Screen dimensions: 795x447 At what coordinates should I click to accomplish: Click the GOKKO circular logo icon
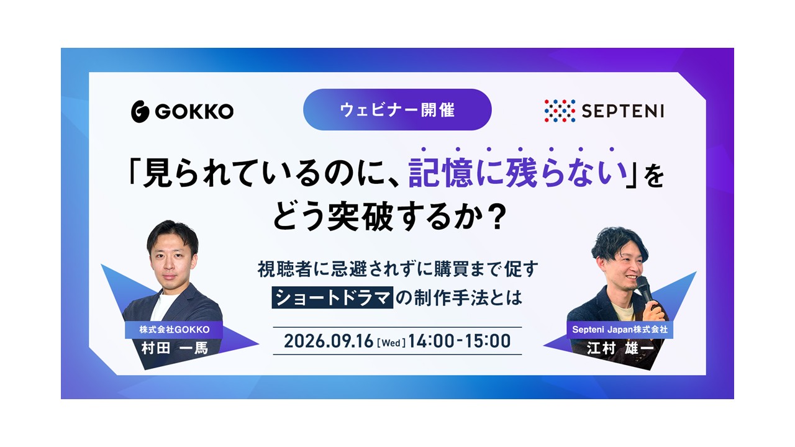point(140,111)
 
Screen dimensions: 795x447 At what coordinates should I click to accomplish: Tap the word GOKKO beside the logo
point(194,111)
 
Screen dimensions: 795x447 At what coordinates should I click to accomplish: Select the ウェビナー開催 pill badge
point(397,110)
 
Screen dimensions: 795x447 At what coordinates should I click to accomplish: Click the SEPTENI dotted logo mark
point(560,111)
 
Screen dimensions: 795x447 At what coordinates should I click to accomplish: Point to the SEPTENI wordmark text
point(622,111)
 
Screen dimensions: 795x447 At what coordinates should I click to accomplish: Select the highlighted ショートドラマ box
point(332,297)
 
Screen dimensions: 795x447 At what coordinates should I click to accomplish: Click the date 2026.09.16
point(329,341)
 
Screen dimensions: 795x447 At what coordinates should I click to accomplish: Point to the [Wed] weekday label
point(391,343)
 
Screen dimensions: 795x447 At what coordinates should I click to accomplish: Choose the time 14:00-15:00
point(460,341)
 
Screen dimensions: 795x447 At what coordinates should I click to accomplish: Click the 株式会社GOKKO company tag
point(174,330)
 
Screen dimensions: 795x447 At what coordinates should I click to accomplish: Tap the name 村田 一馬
point(175,348)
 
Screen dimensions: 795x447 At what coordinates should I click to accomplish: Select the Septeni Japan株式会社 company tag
point(620,330)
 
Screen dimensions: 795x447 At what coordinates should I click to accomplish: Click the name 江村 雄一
point(620,348)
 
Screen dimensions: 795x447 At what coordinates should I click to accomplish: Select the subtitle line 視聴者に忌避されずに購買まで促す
point(397,269)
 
